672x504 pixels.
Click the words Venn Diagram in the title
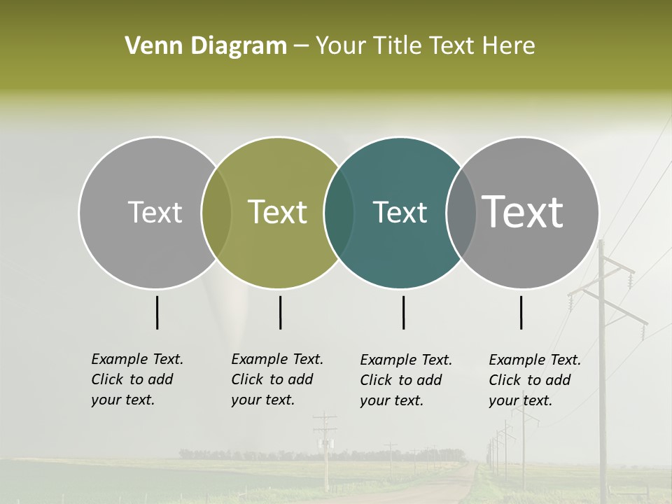pyautogui.click(x=205, y=46)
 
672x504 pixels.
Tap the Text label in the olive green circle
pyautogui.click(x=277, y=212)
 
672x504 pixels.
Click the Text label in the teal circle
pyautogui.click(x=400, y=212)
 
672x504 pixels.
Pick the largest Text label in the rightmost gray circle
pyautogui.click(x=522, y=212)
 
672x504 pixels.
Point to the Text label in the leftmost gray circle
pyautogui.click(x=155, y=212)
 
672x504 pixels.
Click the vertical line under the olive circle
pyautogui.click(x=280, y=312)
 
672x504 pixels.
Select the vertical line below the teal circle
pyautogui.click(x=403, y=312)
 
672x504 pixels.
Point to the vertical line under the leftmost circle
pyautogui.click(x=157, y=312)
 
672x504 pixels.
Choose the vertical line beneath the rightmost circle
pyautogui.click(x=521, y=312)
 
